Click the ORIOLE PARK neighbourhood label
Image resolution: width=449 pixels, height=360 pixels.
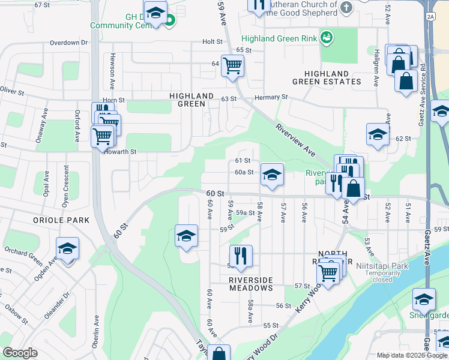tap(62, 220)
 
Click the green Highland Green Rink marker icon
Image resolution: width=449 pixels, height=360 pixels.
tap(327, 38)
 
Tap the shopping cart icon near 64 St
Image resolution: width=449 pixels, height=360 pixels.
tap(232, 65)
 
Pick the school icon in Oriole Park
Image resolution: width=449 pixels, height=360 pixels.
tap(68, 248)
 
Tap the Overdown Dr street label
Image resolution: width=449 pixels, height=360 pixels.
tap(69, 43)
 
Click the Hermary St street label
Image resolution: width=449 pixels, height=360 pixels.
tap(271, 97)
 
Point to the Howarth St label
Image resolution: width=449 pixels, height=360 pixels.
tap(121, 152)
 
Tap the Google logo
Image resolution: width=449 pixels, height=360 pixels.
tap(20, 352)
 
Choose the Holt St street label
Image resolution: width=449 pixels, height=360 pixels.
tap(212, 41)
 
